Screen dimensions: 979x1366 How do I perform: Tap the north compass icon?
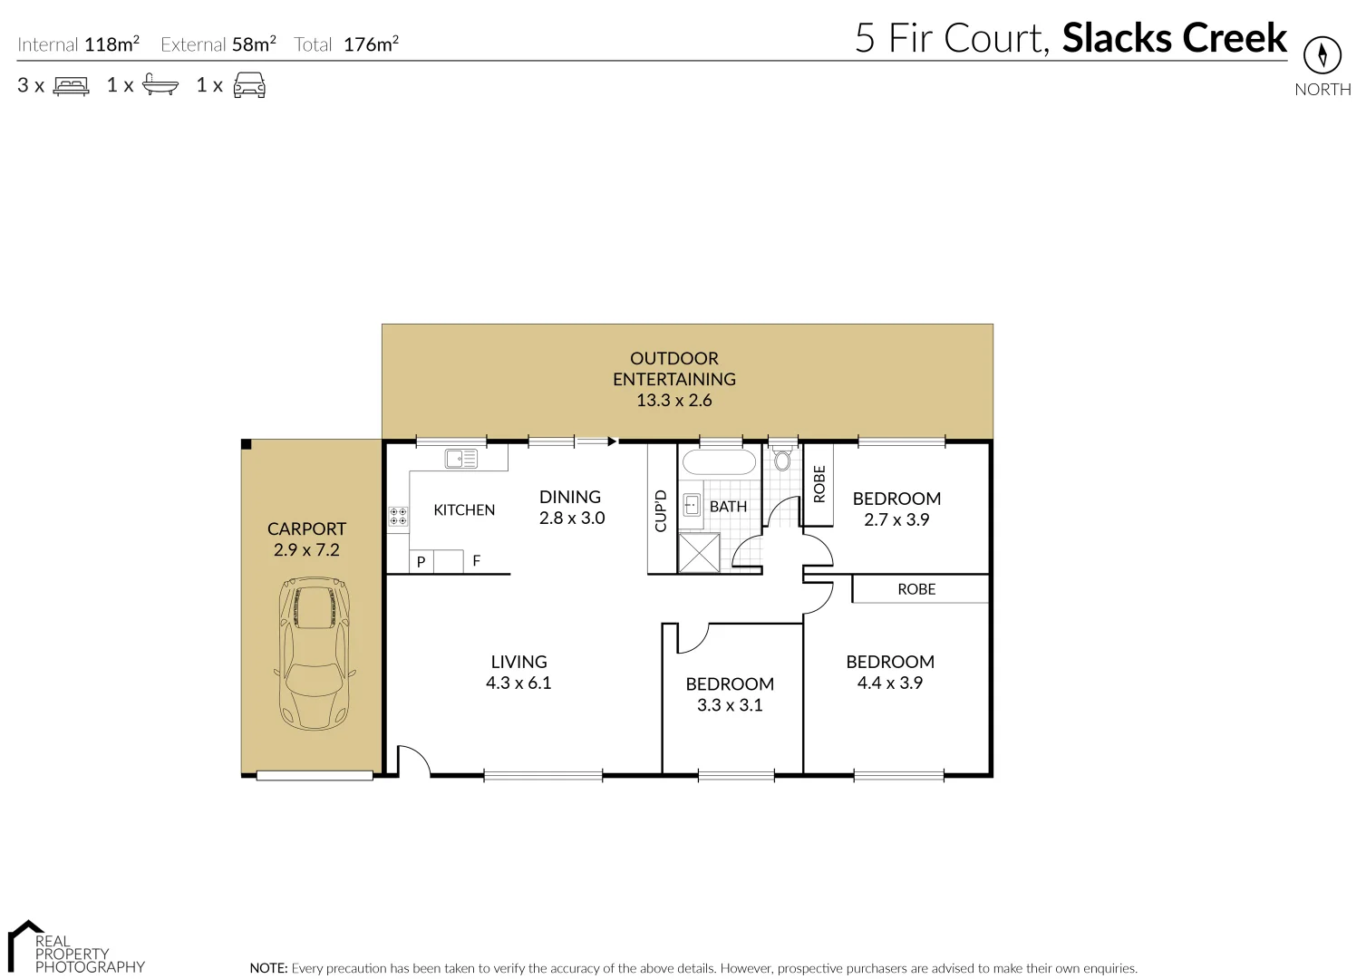(x=1322, y=56)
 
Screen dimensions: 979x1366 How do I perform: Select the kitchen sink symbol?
(x=460, y=459)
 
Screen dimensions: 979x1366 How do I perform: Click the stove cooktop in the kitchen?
(x=398, y=517)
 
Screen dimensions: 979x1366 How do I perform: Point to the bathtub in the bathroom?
(x=717, y=463)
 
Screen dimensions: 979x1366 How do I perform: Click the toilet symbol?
(x=782, y=459)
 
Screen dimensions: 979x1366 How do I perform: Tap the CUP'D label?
(x=661, y=510)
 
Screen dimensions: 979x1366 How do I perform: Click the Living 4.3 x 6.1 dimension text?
(x=518, y=683)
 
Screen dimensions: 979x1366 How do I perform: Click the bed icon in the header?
(x=72, y=86)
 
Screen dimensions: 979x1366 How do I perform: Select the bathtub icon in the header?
(x=160, y=86)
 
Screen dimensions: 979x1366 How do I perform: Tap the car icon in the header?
(x=249, y=86)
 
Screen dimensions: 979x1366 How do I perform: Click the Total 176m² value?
(x=371, y=44)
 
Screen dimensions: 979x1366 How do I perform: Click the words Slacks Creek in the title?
(x=1174, y=38)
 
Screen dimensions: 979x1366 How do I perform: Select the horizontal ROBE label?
(x=916, y=589)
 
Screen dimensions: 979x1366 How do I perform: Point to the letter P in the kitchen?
(x=421, y=563)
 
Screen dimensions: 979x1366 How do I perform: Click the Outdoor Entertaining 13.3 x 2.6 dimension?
(x=673, y=401)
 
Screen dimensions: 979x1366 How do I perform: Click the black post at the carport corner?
(x=246, y=443)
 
